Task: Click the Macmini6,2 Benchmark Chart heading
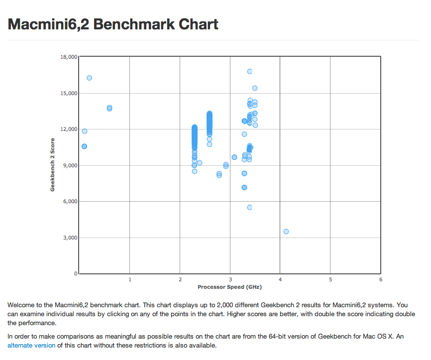pyautogui.click(x=113, y=24)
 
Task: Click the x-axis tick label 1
pyautogui.click(x=130, y=280)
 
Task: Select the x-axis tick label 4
pyautogui.click(x=280, y=280)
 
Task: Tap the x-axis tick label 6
pyautogui.click(x=380, y=280)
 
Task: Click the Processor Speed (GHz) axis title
pyautogui.click(x=229, y=287)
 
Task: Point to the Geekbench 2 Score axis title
pyautogui.click(x=52, y=165)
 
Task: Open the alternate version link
pyautogui.click(x=31, y=345)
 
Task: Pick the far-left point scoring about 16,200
pyautogui.click(x=89, y=78)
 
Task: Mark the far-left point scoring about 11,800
pyautogui.click(x=85, y=131)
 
